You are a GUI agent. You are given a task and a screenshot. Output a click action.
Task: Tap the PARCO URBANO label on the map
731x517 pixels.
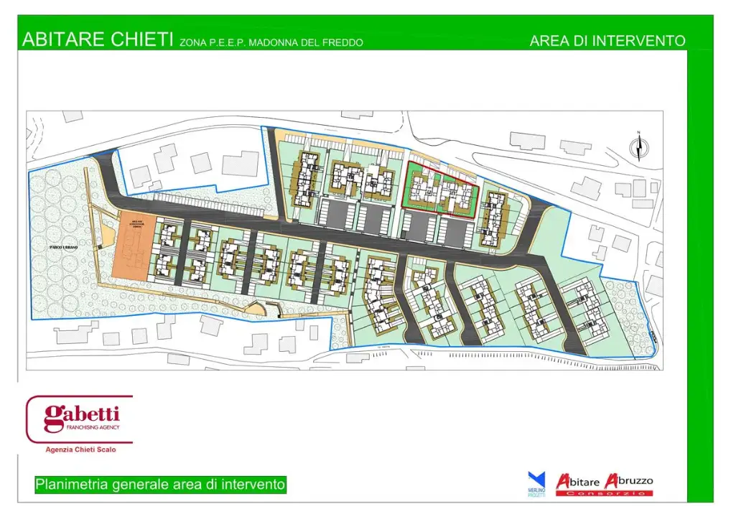(x=63, y=247)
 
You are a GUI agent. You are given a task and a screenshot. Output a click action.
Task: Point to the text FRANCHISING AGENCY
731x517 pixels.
(x=89, y=428)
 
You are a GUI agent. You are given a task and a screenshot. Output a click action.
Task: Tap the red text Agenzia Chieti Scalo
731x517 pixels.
(x=80, y=450)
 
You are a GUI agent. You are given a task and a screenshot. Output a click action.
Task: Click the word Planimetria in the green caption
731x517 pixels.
(x=72, y=485)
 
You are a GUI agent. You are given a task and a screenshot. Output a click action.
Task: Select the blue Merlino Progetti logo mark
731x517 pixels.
(x=536, y=479)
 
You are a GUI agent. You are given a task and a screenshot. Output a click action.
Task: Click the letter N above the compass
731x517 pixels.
(x=638, y=133)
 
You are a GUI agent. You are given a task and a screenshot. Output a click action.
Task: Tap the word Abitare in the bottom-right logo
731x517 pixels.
(x=579, y=481)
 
